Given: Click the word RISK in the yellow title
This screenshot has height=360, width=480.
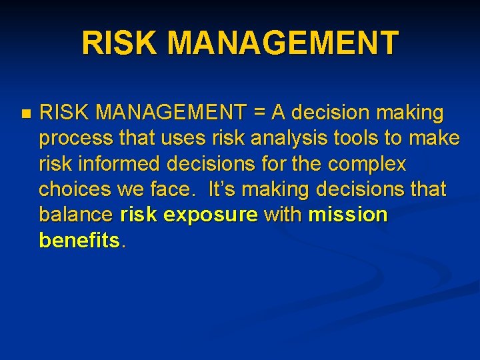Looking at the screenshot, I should [121, 43].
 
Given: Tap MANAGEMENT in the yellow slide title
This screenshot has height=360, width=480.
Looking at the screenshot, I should [283, 43].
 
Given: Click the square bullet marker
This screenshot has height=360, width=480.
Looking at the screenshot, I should [25, 114].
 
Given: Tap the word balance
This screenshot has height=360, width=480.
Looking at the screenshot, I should [76, 215].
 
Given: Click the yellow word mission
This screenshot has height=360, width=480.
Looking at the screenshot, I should [347, 215].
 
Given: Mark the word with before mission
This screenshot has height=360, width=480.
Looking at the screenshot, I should [284, 215].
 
